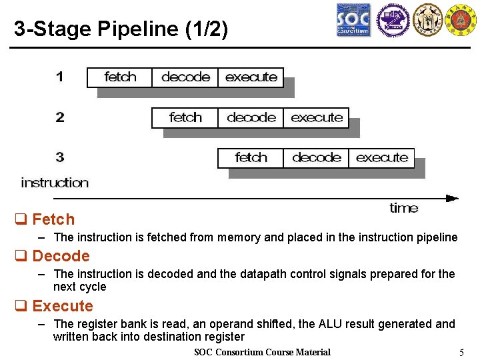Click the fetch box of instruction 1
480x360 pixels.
coord(120,77)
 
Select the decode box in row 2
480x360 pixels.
coord(251,118)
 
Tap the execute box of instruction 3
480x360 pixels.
coord(381,158)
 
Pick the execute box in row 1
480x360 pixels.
coord(251,77)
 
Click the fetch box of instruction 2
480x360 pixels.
coord(185,118)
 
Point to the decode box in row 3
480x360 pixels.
coord(316,158)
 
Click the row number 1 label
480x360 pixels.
coord(60,77)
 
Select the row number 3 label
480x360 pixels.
coord(60,158)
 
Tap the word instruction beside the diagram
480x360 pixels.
coord(55,183)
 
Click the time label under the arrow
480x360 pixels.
coord(404,208)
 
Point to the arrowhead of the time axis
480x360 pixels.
coord(453,197)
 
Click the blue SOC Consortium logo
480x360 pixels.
coord(353,20)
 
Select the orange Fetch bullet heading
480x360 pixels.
coord(53,219)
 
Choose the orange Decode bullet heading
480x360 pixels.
coord(61,256)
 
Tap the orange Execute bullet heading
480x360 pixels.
coord(63,306)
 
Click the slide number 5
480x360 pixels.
coord(461,352)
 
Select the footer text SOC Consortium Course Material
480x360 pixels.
coord(262,352)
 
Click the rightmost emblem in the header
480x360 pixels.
coord(461,20)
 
